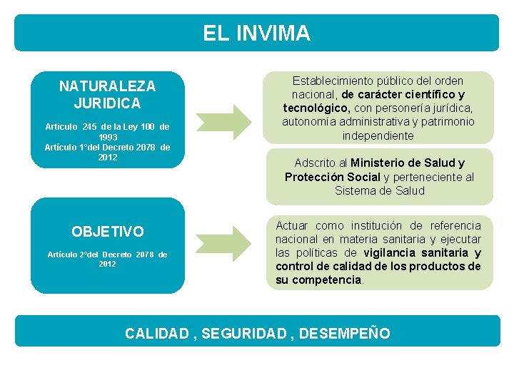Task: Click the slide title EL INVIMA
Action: [x=256, y=34]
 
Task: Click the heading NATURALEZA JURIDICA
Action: [x=107, y=94]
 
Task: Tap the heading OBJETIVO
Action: [x=107, y=232]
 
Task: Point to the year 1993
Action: [x=108, y=137]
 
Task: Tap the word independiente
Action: [x=378, y=136]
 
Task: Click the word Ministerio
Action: [x=385, y=163]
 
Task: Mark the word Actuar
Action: [x=292, y=226]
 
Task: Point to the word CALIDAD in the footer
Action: [x=156, y=334]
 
